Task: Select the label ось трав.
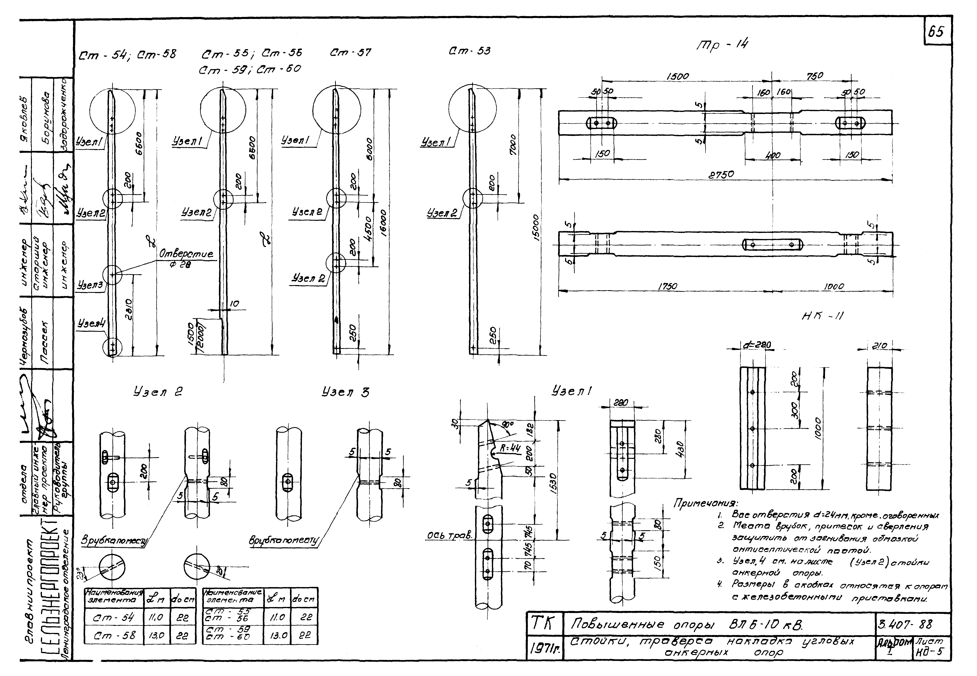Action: tap(449, 536)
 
